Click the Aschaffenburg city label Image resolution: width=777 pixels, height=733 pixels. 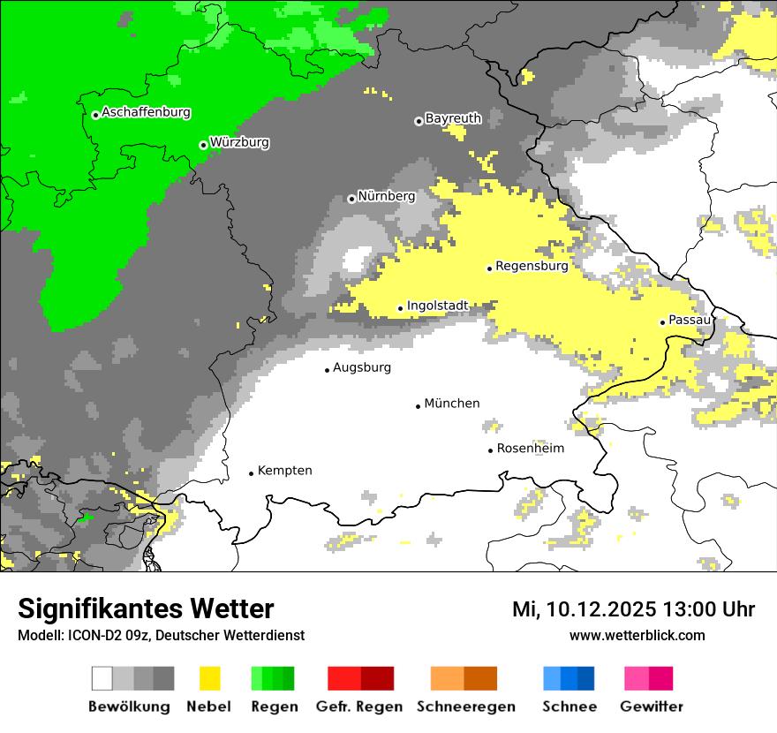tap(146, 113)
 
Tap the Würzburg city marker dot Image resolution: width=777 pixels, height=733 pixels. tap(203, 145)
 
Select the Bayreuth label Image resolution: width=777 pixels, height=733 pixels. tap(453, 118)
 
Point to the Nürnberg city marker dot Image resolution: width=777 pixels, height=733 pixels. tap(351, 199)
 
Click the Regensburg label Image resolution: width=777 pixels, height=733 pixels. tap(532, 265)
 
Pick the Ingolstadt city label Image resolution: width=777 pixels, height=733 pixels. tap(437, 306)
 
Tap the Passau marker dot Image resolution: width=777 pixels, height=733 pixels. tap(662, 322)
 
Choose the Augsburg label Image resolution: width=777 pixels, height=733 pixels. tap(362, 367)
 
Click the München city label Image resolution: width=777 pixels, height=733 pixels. tap(452, 404)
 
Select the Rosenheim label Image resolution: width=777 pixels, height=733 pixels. tap(530, 449)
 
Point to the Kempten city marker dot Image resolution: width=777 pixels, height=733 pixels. tap(251, 474)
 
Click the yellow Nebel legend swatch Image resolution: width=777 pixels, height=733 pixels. tap(210, 678)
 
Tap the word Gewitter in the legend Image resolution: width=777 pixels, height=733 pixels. tap(652, 707)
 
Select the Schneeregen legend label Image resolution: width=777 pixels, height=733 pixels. tap(466, 707)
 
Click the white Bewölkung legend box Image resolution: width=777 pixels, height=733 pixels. tap(102, 678)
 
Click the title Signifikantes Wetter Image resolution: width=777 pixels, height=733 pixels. tap(146, 609)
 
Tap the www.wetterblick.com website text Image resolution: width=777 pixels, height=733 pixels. tap(637, 635)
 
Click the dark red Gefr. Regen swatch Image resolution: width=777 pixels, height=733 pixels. tap(378, 678)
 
